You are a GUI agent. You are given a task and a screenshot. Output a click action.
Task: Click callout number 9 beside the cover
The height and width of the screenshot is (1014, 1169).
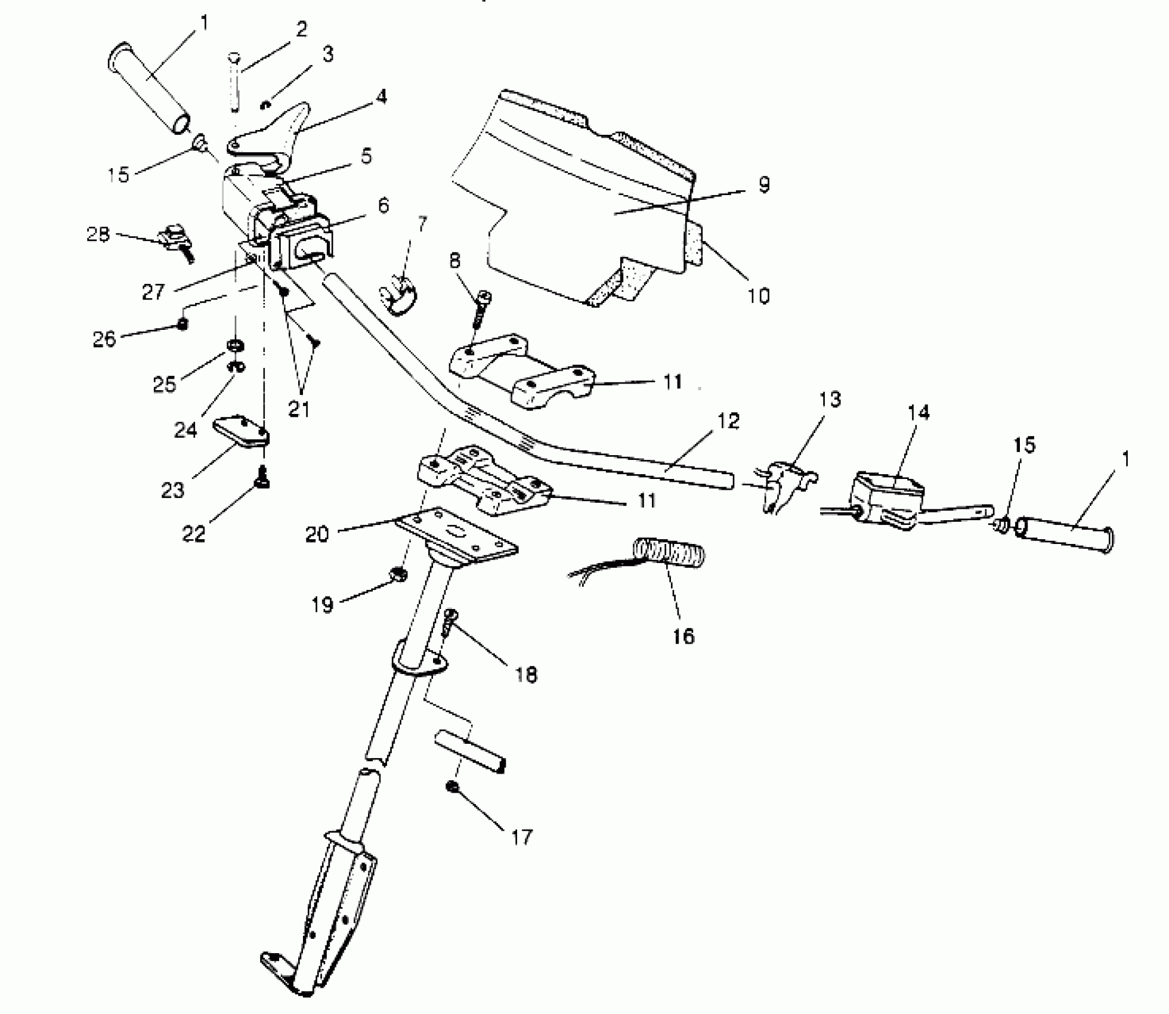[764, 184]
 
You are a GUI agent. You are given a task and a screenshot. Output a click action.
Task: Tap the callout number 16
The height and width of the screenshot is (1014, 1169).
[684, 636]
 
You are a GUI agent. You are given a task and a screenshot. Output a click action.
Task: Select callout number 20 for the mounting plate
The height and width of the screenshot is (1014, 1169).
[317, 534]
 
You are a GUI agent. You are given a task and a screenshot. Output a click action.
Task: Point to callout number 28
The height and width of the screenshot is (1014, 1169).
[98, 234]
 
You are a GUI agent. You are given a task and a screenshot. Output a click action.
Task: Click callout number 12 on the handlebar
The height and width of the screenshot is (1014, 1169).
[728, 421]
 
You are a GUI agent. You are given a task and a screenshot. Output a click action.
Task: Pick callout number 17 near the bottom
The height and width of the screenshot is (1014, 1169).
[521, 837]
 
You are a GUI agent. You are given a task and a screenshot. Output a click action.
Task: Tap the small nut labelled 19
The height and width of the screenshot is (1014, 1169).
[398, 574]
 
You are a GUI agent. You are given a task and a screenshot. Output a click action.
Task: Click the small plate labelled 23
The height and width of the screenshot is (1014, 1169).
[240, 434]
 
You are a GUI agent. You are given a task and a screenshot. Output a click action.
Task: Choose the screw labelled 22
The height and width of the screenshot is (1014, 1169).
[262, 477]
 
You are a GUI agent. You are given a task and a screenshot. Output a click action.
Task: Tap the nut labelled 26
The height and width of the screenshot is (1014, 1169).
[184, 324]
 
